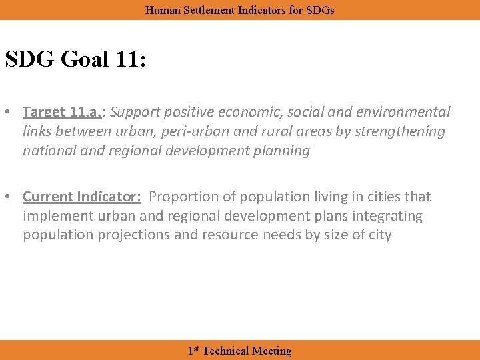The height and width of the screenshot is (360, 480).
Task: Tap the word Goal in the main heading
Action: click(85, 59)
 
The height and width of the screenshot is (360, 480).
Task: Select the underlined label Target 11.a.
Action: click(63, 112)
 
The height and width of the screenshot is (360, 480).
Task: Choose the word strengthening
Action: click(400, 131)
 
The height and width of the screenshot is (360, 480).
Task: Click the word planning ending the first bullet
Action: click(277, 151)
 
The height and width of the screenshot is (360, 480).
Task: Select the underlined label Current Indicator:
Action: click(82, 197)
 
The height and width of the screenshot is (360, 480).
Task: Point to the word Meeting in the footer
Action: click(271, 351)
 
